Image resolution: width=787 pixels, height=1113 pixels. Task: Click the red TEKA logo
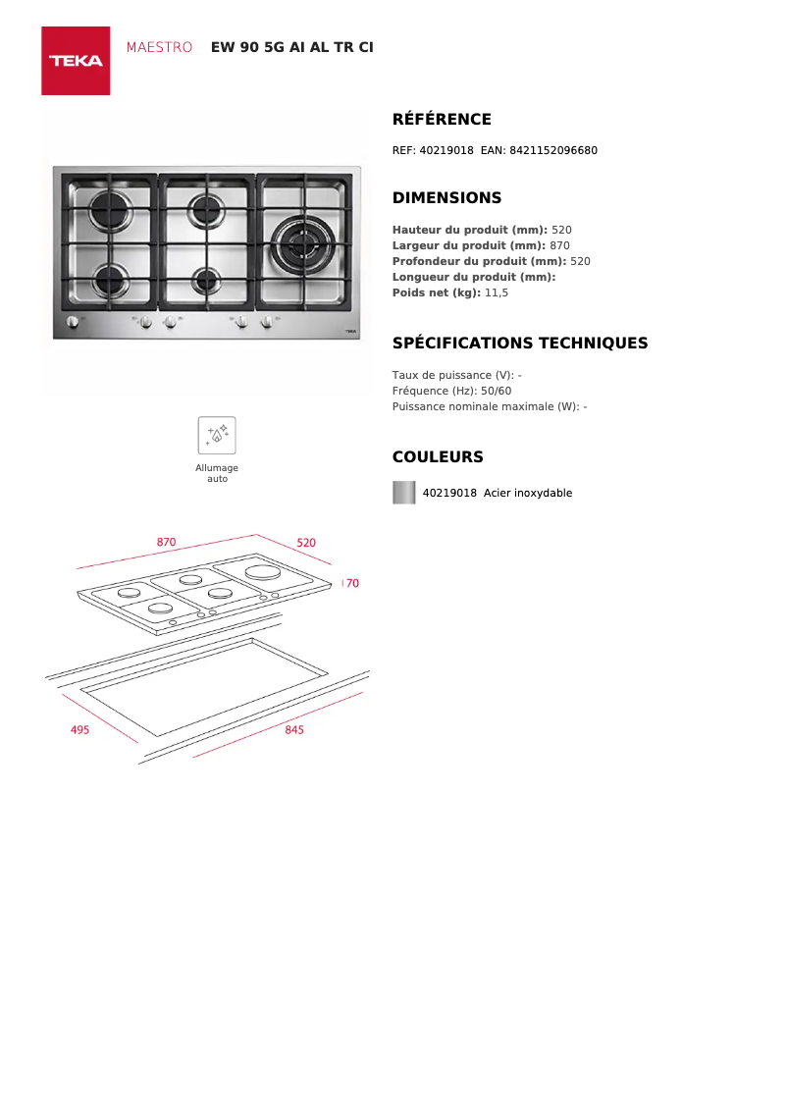point(76,61)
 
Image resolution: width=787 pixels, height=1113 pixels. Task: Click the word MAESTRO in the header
point(159,47)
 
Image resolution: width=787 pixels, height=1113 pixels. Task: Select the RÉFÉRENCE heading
point(442,120)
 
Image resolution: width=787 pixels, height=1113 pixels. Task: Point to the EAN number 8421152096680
point(552,150)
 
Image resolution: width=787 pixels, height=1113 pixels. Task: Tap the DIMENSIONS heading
point(446,198)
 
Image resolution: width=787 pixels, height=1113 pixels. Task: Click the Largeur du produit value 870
point(559,245)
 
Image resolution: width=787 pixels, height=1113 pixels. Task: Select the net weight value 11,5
point(497,292)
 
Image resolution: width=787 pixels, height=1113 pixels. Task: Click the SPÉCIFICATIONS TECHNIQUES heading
point(519,344)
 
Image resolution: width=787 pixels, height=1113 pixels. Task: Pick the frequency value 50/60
point(496,391)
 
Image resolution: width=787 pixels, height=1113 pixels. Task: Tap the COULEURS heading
point(438,457)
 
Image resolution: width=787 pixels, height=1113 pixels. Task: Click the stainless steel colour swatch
point(404,493)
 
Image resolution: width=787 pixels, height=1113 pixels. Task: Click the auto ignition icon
point(217,435)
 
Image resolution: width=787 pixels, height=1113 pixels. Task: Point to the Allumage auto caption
point(217,473)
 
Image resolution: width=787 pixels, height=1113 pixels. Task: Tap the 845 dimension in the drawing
point(294,730)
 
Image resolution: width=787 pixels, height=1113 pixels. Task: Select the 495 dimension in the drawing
point(79,730)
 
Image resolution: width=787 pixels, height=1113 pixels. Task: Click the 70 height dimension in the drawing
point(352,583)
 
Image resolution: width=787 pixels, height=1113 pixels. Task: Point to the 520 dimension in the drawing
point(306,543)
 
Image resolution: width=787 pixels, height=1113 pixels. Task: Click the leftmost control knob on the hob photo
point(72,323)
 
